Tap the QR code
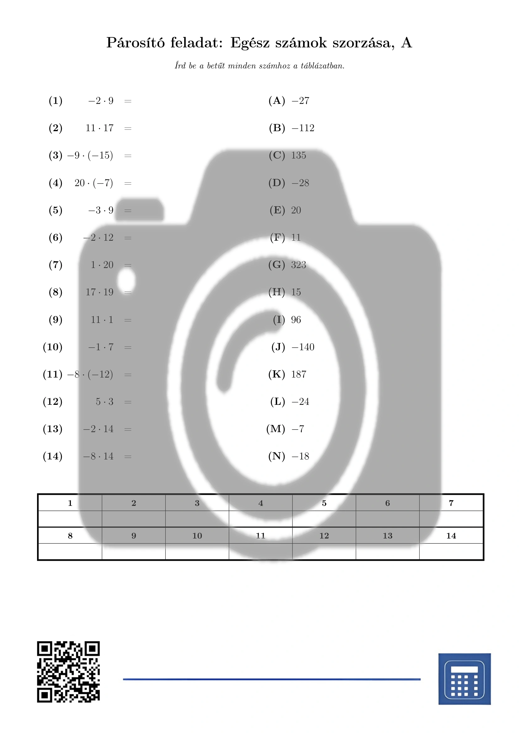(68, 672)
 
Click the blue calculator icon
(464, 679)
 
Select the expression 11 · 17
(99, 128)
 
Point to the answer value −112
(303, 128)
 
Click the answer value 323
(298, 265)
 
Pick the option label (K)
(277, 374)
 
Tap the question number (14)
(53, 456)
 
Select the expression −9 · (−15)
(90, 155)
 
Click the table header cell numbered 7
(451, 503)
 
